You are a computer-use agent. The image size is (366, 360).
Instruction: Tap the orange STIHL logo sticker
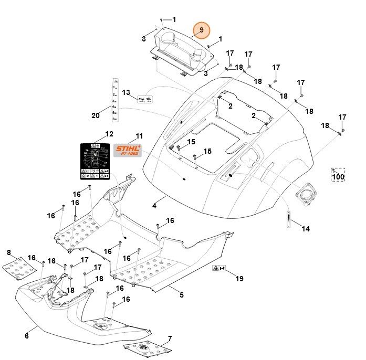point(129,151)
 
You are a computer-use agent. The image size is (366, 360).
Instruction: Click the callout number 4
point(154,206)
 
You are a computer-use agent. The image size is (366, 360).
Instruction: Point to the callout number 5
point(182,295)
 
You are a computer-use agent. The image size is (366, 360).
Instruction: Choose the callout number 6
point(27,336)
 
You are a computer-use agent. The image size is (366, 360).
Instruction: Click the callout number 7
point(170,338)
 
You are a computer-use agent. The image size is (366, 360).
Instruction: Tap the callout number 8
point(9,253)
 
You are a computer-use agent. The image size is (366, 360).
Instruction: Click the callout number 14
point(306,228)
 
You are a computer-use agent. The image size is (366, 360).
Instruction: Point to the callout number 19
point(239,278)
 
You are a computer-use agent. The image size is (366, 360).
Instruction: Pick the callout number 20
point(96,115)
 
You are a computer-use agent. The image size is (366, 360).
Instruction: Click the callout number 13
point(126,92)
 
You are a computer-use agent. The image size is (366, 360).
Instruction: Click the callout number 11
point(139,136)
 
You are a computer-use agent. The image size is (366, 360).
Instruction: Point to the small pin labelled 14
point(288,217)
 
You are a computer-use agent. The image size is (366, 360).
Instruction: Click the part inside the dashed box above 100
point(334,171)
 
